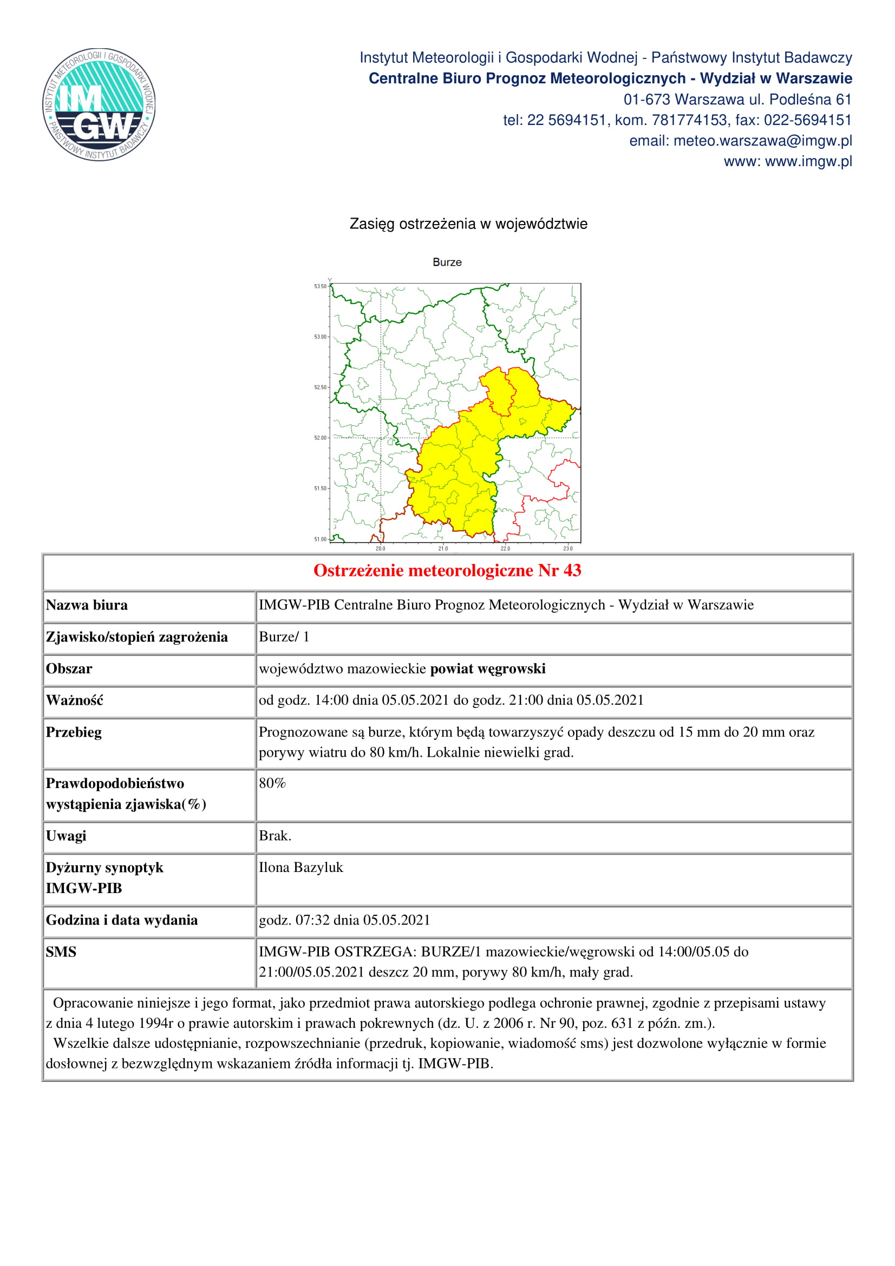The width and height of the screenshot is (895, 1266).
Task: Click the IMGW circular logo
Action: point(99,104)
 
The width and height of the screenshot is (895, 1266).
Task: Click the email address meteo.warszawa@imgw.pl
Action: point(762,141)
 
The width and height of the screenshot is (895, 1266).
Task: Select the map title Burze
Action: point(447,263)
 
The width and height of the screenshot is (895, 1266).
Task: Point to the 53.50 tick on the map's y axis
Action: point(320,286)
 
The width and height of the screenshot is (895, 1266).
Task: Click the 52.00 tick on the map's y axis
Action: point(320,438)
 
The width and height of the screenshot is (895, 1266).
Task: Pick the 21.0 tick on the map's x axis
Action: point(443,549)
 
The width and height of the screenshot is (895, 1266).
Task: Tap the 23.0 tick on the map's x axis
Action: point(567,549)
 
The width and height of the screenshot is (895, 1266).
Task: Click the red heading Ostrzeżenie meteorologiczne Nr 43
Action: point(447,570)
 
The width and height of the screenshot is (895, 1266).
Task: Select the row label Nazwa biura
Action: point(87,606)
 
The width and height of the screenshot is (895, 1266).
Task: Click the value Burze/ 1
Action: point(284,637)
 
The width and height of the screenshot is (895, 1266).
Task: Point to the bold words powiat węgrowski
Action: point(487,669)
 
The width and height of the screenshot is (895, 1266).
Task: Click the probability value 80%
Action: point(272,783)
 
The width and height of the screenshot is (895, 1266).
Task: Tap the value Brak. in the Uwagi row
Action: point(275,836)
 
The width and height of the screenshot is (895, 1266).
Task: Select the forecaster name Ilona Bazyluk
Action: point(301,867)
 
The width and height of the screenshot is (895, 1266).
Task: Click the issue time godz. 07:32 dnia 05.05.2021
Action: point(344,920)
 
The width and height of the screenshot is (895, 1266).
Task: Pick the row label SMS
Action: point(61,952)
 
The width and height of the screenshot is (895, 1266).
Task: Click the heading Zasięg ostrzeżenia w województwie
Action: point(468,224)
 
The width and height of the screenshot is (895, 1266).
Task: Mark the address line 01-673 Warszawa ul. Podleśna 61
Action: point(737,100)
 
